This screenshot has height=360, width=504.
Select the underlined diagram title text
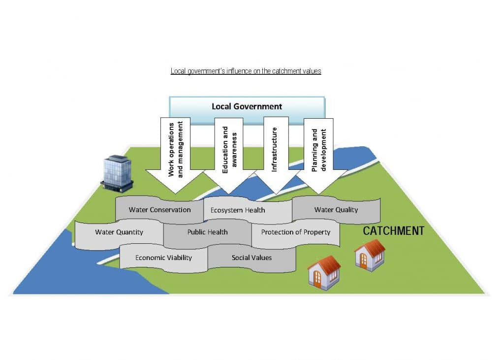[x=246, y=71]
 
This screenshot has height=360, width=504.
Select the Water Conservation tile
[x=159, y=210]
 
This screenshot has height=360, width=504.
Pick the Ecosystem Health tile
[x=238, y=210]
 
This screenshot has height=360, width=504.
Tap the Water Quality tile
[x=336, y=210]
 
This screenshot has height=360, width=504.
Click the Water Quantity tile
[x=119, y=232]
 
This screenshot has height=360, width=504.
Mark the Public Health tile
[x=207, y=232]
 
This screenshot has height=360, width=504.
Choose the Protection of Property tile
[x=295, y=232]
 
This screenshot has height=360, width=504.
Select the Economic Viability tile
[x=163, y=258]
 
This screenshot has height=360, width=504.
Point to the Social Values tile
[x=252, y=258]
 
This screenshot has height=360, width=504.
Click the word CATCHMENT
[x=393, y=231]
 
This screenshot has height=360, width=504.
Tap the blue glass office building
[x=117, y=173]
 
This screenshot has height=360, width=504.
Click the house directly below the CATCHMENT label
[x=370, y=255]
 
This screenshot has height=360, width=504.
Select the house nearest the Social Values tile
[x=323, y=272]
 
